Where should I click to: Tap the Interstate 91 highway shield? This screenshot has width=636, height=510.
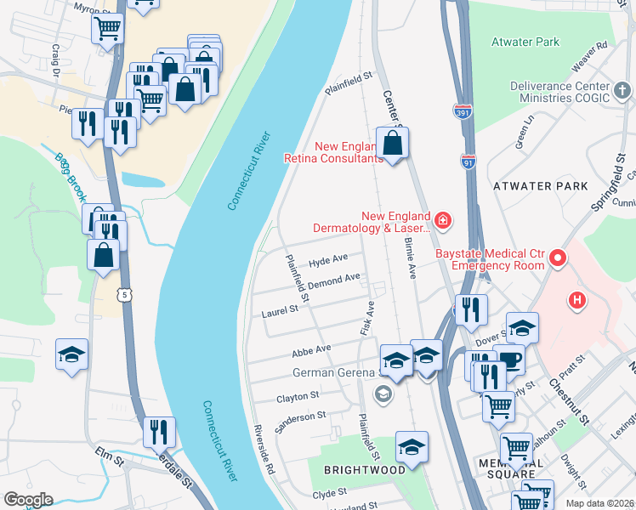[468, 161]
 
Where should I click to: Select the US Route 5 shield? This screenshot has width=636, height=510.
[124, 292]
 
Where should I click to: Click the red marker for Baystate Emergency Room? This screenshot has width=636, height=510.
[558, 256]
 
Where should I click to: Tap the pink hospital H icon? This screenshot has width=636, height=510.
[577, 300]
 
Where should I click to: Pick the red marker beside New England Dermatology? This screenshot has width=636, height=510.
[442, 222]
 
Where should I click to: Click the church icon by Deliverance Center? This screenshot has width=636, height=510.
[622, 89]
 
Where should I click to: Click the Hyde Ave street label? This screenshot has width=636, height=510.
[329, 258]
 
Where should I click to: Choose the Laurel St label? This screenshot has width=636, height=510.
[281, 311]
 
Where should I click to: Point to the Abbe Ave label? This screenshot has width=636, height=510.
[310, 349]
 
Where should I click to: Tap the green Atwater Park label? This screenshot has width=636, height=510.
[525, 41]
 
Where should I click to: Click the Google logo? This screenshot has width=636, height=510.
[28, 499]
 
